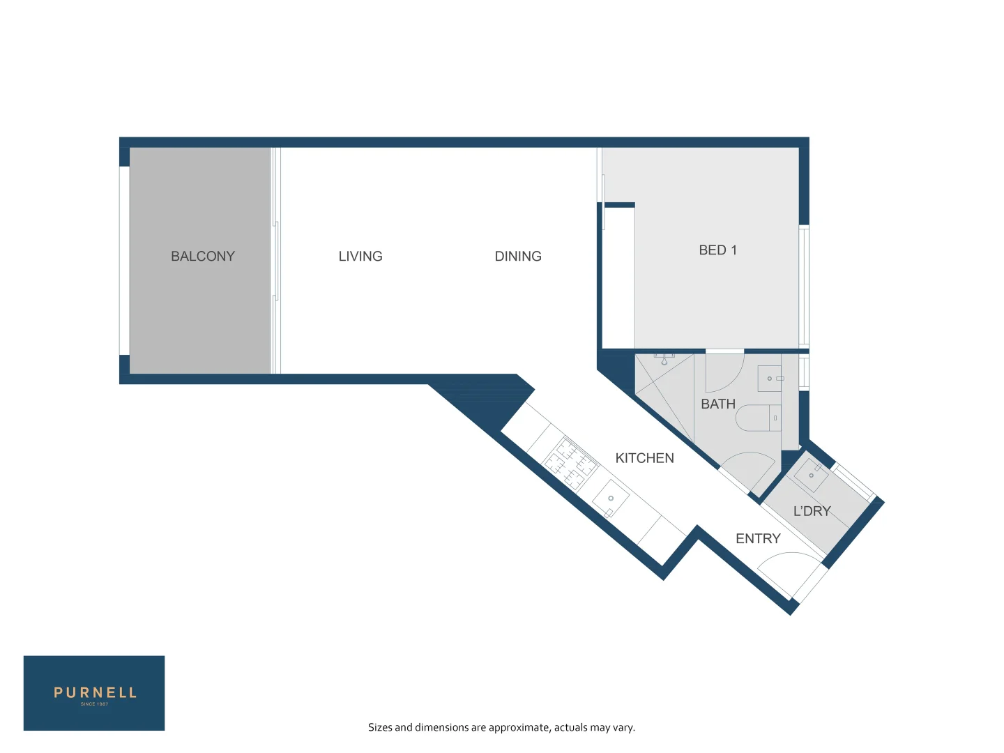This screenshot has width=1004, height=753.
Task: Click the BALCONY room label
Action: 203,256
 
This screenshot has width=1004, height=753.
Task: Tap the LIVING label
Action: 360,256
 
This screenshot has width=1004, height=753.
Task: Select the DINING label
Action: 518,256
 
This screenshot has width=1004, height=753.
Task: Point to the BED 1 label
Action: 717,250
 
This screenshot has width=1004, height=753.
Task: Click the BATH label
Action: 718,404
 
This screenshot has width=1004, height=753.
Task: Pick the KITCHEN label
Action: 644,458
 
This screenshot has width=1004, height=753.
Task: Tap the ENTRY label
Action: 758,538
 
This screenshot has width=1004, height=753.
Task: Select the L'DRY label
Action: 812,511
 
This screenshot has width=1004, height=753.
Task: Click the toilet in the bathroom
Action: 758,418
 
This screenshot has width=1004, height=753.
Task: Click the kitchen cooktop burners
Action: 570,464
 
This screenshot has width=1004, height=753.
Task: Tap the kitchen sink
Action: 611,499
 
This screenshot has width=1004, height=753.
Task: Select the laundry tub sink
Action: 811,475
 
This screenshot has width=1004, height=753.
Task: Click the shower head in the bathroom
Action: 664,360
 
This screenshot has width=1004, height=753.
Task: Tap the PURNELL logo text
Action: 95,692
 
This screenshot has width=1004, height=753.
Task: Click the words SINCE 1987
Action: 94,704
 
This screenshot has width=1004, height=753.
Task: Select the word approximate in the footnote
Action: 519,727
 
